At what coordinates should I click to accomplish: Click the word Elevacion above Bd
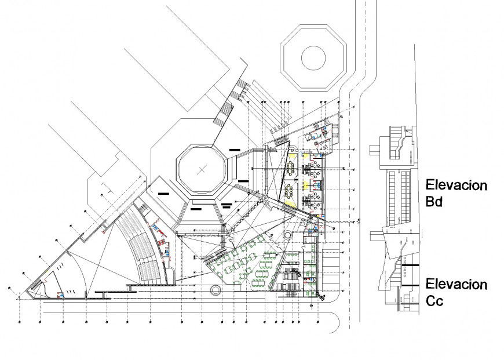click(x=456, y=185)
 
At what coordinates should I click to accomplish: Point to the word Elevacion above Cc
click(x=456, y=284)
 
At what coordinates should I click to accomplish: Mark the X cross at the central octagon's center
click(x=202, y=170)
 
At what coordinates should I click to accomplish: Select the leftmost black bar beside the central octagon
click(x=163, y=193)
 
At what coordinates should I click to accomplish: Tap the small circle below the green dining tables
click(x=216, y=289)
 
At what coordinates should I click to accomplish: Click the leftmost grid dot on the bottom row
click(x=19, y=320)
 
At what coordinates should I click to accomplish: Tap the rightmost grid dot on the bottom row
click(x=318, y=320)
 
